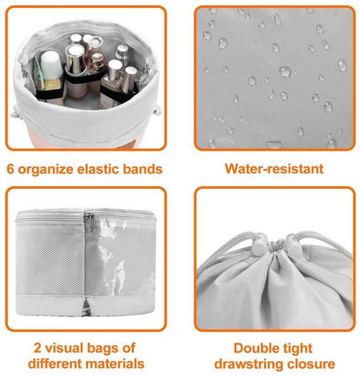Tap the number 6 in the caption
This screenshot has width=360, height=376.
11,169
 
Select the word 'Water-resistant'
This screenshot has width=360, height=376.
274,168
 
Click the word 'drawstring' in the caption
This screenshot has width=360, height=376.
249,364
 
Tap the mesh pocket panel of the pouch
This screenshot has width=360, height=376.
50,259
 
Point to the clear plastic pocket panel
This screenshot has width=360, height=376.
119,258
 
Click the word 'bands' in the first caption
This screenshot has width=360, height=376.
143,169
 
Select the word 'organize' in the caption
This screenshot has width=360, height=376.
46,169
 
